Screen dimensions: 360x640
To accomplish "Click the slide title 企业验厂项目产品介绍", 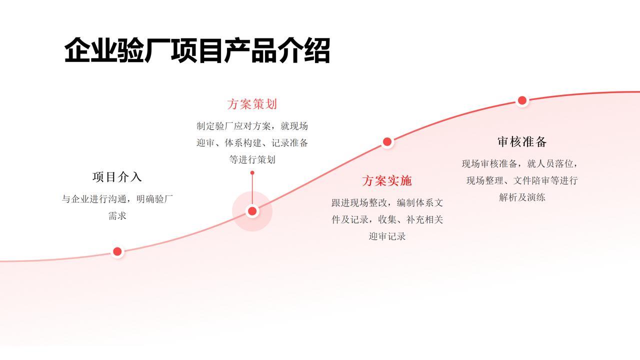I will (197, 50).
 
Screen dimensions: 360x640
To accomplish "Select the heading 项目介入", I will (117, 177).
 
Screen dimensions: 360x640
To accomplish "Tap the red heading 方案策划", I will (252, 104).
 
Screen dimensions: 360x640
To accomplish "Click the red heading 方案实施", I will (387, 181).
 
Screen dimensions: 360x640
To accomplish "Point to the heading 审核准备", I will (522, 142).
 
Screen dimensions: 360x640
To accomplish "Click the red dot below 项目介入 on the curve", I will (117, 251).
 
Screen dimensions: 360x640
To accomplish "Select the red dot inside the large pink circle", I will (252, 211).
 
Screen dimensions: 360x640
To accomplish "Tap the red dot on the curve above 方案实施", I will (387, 142).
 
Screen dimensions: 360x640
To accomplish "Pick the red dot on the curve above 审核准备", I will (522, 100).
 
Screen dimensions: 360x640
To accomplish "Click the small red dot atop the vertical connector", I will (252, 173).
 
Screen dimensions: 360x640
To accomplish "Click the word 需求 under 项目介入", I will (117, 216).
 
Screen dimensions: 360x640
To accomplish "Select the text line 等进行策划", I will (252, 160).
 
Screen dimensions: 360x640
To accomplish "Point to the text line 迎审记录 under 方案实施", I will (387, 236).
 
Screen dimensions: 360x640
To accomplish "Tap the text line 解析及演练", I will (522, 197).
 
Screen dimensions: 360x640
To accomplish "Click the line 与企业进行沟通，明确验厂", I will (117, 199).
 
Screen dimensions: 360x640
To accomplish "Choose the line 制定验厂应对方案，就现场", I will (252, 126).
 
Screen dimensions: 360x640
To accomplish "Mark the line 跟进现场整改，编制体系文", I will (387, 203).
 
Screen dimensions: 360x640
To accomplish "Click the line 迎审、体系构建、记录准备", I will (252, 143).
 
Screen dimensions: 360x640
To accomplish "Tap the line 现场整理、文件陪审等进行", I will (522, 180).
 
